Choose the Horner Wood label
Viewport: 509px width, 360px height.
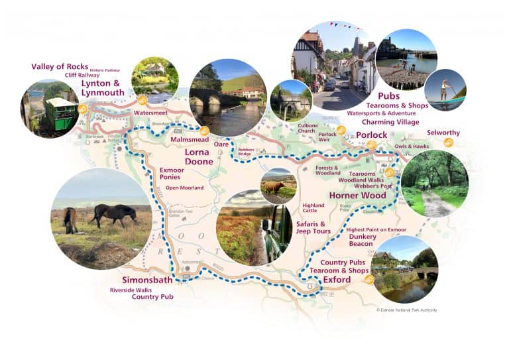(x=357, y=196)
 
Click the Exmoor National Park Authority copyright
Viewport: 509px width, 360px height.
(x=407, y=310)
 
